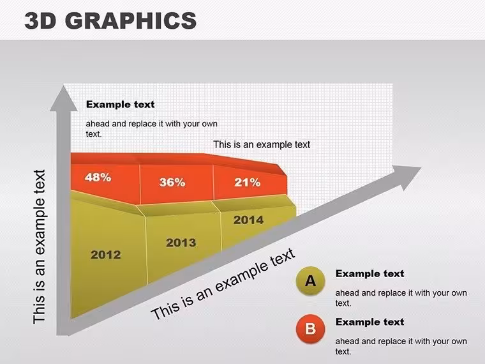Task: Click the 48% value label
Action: pos(98,178)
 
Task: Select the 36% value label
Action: pos(172,182)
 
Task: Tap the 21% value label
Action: pos(247,183)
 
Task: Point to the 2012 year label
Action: pos(106,255)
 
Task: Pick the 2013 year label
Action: pos(181,243)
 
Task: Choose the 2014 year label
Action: pos(248,220)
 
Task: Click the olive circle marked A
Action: pos(310,281)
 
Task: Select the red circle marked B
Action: pos(310,329)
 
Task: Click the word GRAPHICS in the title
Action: pos(131,20)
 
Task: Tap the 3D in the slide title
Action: pos(40,20)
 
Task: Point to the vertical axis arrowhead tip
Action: pos(63,86)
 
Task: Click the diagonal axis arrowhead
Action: pos(408,177)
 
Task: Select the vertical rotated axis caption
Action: pos(40,246)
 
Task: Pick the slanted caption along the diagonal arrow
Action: pos(223,284)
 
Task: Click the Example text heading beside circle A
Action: pos(369,273)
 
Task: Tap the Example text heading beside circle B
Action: pos(369,322)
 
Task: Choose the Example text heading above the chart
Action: pos(121,104)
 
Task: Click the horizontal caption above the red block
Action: pos(262,144)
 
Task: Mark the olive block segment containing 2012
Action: pos(108,254)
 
